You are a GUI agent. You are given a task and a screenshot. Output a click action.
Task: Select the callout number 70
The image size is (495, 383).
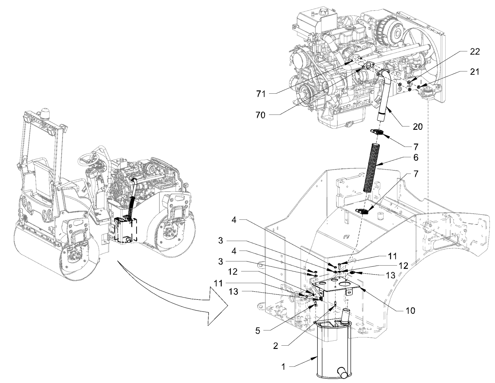tap(261, 115)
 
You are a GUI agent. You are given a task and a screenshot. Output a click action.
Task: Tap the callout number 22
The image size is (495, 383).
tap(475, 52)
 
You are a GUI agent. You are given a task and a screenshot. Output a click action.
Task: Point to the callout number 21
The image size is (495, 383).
tap(475, 72)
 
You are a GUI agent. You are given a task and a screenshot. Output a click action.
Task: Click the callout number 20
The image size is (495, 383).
tap(418, 127)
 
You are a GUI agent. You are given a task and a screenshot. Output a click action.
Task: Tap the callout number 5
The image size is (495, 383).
tap(258, 331)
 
